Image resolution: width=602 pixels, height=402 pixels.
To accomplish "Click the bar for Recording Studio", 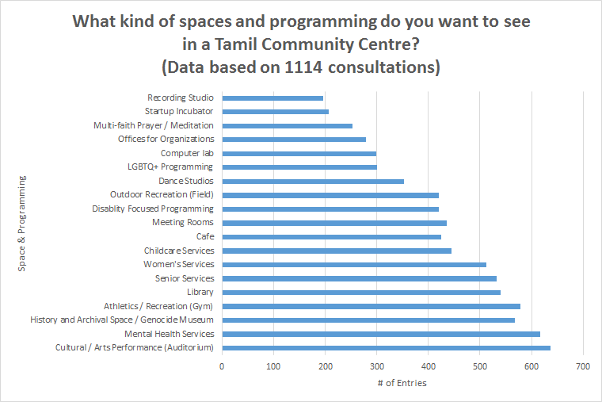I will pos(272,98).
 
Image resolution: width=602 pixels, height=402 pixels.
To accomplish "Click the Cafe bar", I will pos(331,236).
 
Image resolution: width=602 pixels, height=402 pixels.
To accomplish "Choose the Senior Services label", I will pos(185,278).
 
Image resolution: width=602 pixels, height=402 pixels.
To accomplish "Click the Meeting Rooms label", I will pos(183,223).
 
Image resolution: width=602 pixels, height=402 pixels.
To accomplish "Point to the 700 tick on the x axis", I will pos(583,366).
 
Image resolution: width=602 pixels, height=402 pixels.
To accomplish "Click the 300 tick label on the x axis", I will pos(376,366).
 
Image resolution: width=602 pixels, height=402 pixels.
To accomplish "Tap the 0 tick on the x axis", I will pos(222,366).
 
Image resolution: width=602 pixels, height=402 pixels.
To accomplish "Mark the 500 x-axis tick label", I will pos(479,366).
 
